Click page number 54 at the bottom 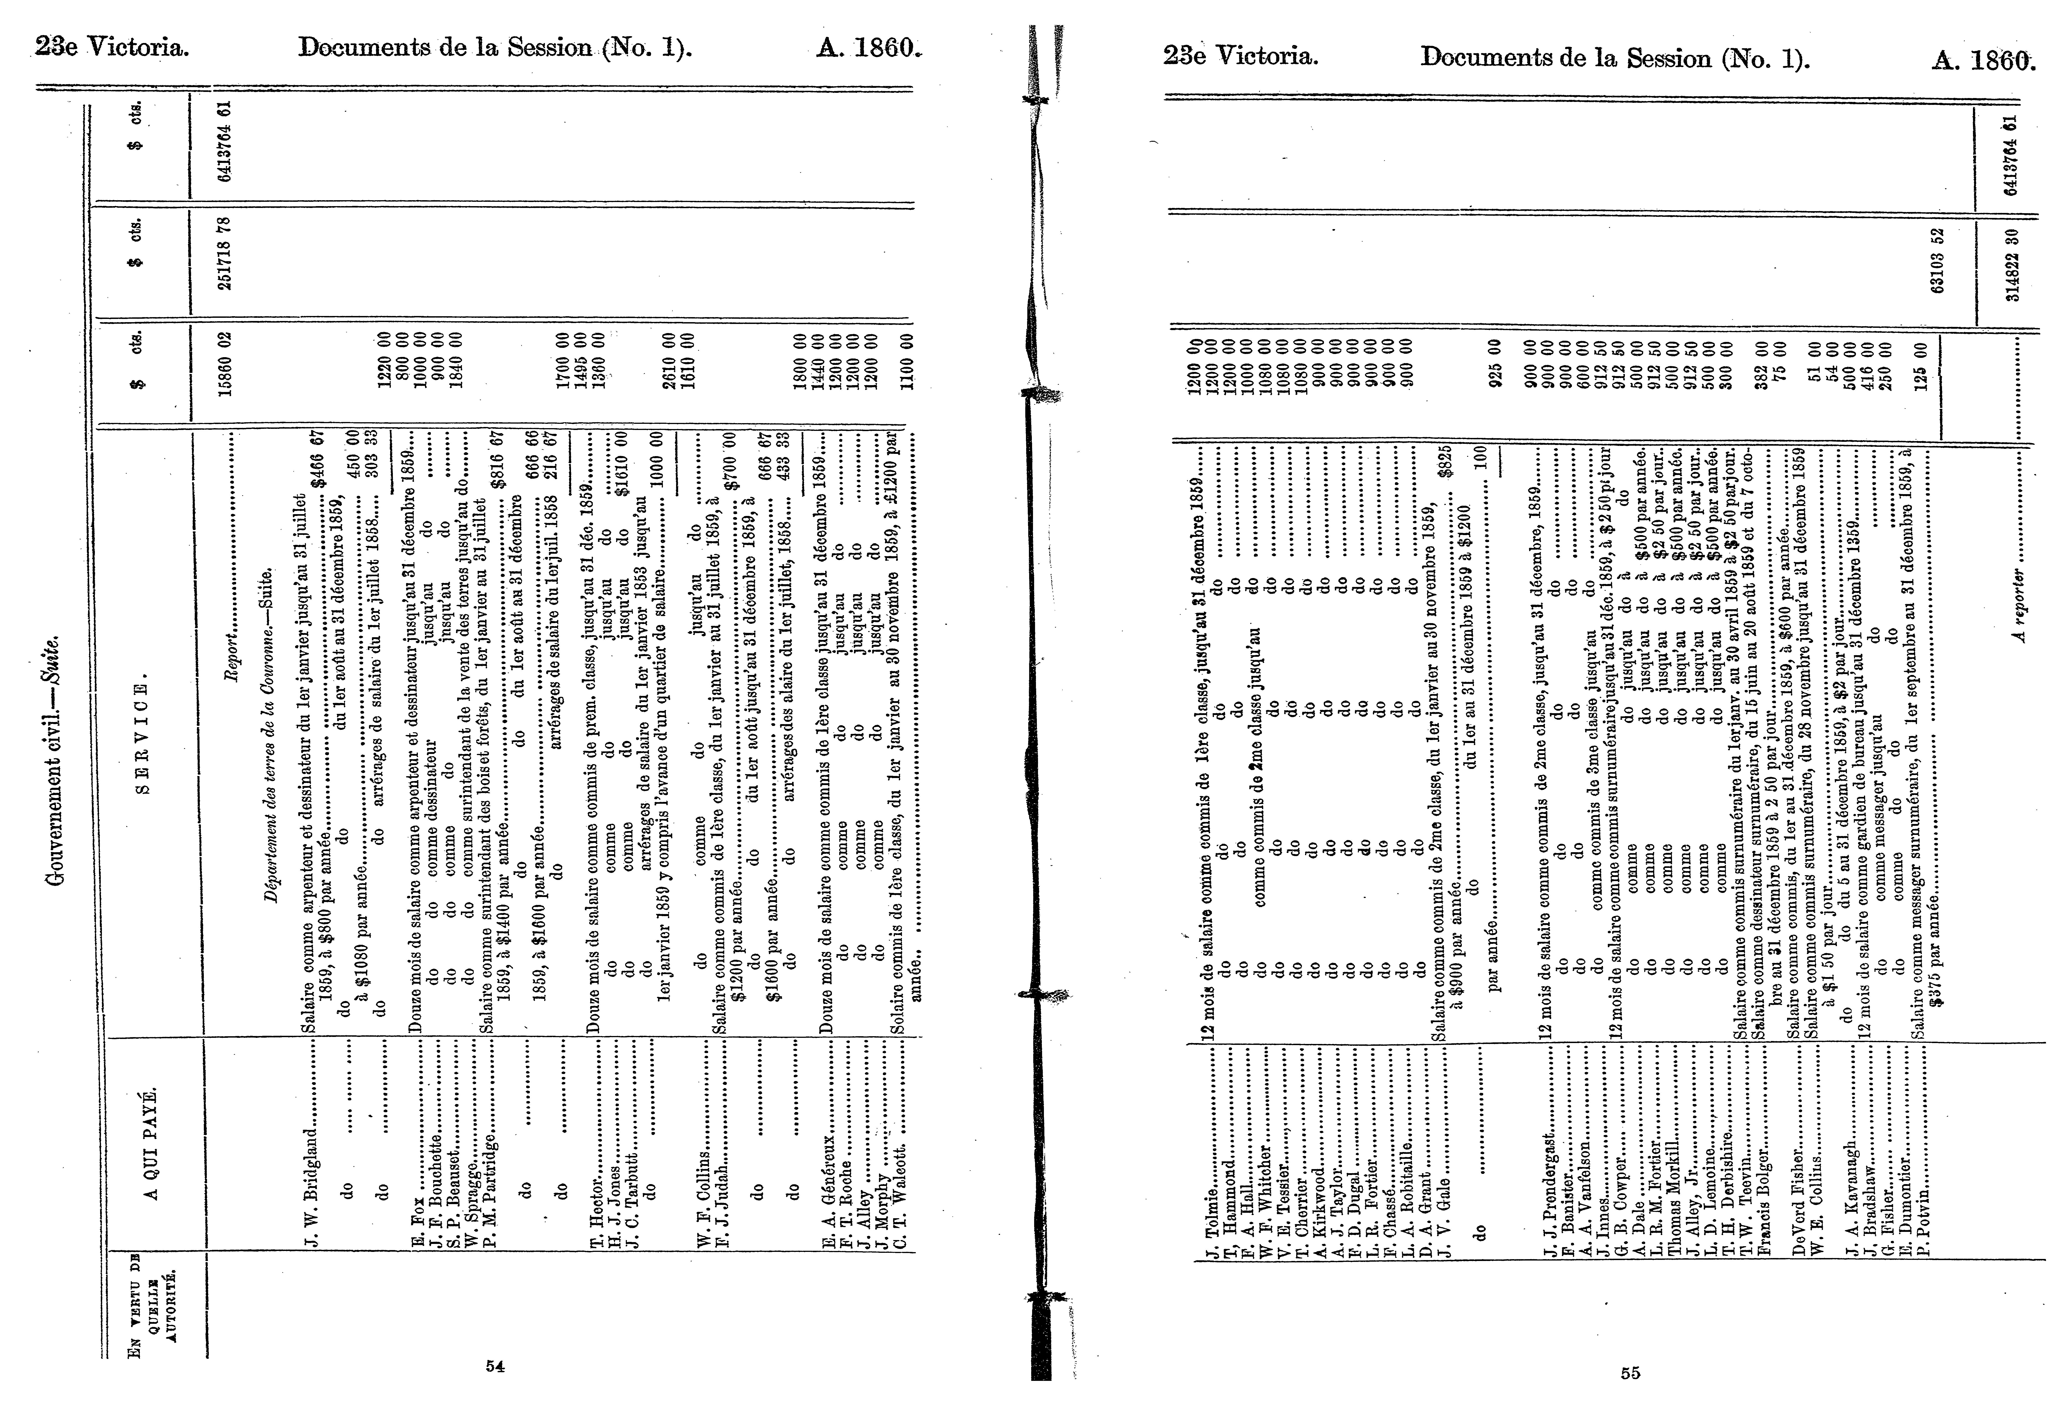[495, 1366]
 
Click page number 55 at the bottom [1630, 1373]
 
